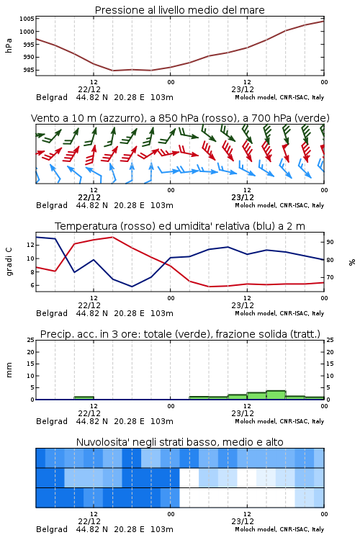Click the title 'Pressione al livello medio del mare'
[x=179, y=10]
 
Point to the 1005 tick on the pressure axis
[x=27, y=19]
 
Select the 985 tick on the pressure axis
[x=28, y=70]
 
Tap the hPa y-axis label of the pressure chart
[x=9, y=45]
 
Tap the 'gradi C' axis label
[x=9, y=261]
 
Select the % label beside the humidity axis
[x=352, y=262]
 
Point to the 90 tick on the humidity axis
[x=330, y=242]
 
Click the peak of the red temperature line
[x=112, y=237]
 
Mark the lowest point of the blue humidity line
[x=132, y=287]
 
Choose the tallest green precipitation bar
[x=276, y=395]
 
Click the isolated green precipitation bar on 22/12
[x=84, y=398]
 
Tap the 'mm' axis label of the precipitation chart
[x=9, y=369]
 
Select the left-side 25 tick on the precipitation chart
[x=31, y=340]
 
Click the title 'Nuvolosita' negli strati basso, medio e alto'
[x=179, y=442]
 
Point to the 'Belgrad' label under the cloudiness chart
[x=52, y=529]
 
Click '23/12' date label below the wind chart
[x=243, y=198]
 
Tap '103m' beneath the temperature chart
[x=162, y=313]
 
